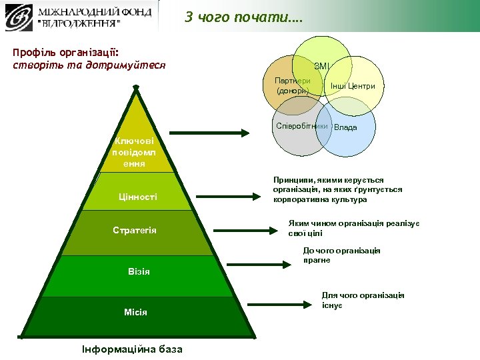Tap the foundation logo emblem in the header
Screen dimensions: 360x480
(x=21, y=17)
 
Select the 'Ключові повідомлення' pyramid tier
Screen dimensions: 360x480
(x=135, y=152)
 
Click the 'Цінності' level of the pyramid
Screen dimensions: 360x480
(x=138, y=197)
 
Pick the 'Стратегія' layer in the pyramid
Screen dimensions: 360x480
(x=135, y=231)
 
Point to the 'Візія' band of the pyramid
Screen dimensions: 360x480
(x=139, y=271)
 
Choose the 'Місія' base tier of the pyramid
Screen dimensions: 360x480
(x=135, y=312)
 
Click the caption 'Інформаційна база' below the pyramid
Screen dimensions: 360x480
(x=132, y=349)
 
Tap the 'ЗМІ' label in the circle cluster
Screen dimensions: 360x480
(x=321, y=66)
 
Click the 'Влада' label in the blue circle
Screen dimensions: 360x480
(x=345, y=127)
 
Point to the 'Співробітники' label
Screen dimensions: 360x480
(x=302, y=126)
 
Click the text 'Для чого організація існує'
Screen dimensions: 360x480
(x=363, y=300)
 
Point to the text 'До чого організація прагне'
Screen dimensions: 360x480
(x=341, y=255)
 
